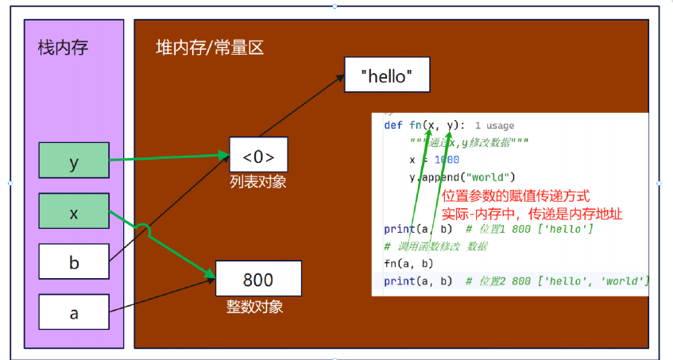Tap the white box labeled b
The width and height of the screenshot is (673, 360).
pyautogui.click(x=74, y=261)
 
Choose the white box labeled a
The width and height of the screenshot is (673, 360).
pyautogui.click(x=74, y=313)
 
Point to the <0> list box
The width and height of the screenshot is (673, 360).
pyautogui.click(x=258, y=154)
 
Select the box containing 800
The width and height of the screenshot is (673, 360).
pyautogui.click(x=258, y=279)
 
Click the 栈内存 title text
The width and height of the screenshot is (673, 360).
pyautogui.click(x=63, y=48)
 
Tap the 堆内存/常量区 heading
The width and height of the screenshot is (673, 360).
pyautogui.click(x=210, y=48)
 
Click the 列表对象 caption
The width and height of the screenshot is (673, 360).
pyautogui.click(x=258, y=182)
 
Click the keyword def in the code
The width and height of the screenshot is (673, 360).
pyautogui.click(x=393, y=125)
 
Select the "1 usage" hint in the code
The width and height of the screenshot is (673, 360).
pyautogui.click(x=494, y=126)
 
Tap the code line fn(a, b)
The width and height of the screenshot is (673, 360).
pyautogui.click(x=408, y=263)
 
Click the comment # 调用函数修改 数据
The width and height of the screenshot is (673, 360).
pyautogui.click(x=435, y=246)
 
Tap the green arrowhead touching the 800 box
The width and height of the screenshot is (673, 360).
pyautogui.click(x=211, y=277)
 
